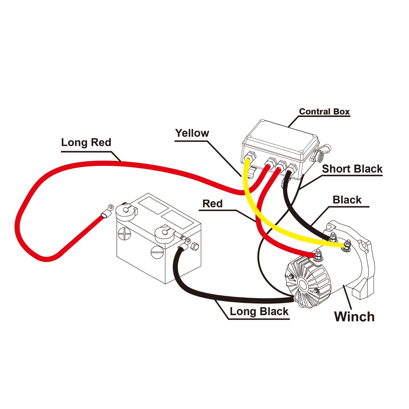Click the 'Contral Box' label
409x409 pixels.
pyautogui.click(x=324, y=112)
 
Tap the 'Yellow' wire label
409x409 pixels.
pyautogui.click(x=192, y=133)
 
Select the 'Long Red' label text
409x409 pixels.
pyautogui.click(x=86, y=142)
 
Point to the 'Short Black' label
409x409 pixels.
pyautogui.click(x=352, y=169)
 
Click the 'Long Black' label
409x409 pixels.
pyautogui.click(x=259, y=312)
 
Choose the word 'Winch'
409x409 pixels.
pyautogui.click(x=354, y=316)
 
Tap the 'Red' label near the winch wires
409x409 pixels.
pyautogui.click(x=212, y=204)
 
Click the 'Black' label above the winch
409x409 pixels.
pyautogui.click(x=347, y=200)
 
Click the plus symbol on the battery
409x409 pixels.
pyautogui.click(x=125, y=233)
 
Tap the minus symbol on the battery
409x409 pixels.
pyautogui.click(x=157, y=252)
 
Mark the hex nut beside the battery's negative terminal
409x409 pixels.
pyautogui.click(x=195, y=246)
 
